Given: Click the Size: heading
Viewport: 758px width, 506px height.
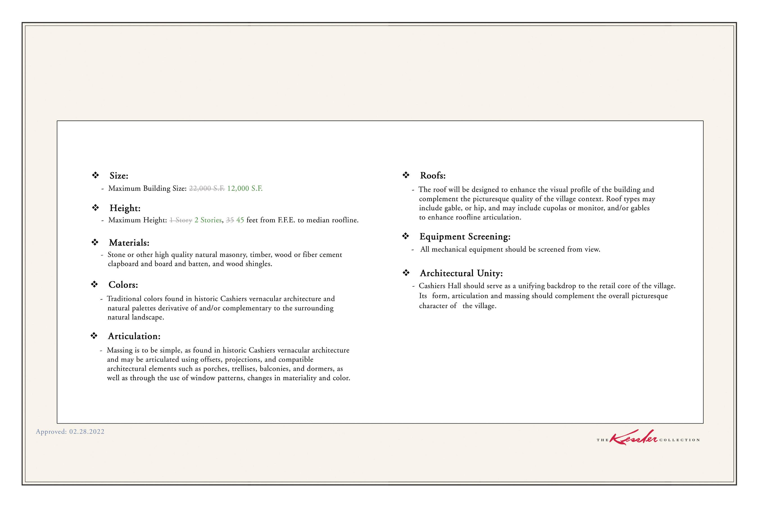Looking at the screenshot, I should (119, 176).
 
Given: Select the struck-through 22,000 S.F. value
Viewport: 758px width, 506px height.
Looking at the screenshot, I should (207, 188).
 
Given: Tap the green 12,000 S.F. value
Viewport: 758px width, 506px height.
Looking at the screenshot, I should (245, 188).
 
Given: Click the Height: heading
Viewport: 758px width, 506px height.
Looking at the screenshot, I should (125, 208).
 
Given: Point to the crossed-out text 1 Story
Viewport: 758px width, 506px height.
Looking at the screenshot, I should (181, 220).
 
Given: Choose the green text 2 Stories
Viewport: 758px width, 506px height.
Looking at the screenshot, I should (208, 220).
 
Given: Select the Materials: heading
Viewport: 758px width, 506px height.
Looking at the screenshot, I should (129, 243).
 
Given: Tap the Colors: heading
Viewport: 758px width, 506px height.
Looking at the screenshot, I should (123, 285).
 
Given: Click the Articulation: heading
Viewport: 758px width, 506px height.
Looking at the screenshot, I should (134, 336).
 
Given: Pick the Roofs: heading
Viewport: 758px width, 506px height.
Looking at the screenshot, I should (432, 176).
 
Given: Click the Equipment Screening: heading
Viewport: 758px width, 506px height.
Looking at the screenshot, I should (465, 236).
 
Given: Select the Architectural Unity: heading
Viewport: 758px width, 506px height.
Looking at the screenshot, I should (461, 273).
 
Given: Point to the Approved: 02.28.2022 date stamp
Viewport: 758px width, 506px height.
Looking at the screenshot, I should (70, 432).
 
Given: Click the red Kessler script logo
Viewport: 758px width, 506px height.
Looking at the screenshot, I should (633, 438).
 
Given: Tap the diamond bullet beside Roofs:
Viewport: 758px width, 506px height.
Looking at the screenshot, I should (406, 175).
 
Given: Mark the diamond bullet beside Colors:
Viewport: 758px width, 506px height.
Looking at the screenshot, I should (94, 284).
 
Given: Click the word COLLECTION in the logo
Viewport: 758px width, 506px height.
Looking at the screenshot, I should (679, 440).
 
